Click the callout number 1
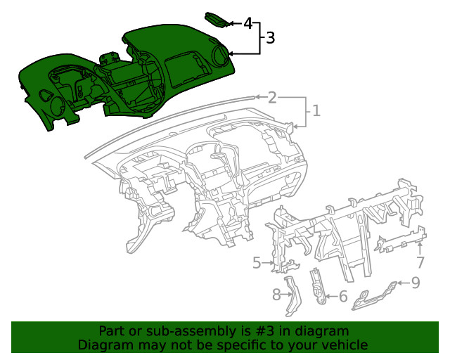pyautogui.click(x=316, y=111)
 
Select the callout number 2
pyautogui.click(x=272, y=98)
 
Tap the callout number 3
pyautogui.click(x=270, y=39)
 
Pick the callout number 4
pyautogui.click(x=247, y=23)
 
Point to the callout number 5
pyautogui.click(x=257, y=263)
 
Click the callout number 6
pyautogui.click(x=342, y=297)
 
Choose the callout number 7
pyautogui.click(x=420, y=263)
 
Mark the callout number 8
pyautogui.click(x=277, y=294)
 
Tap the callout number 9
pyautogui.click(x=415, y=283)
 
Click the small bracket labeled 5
pyautogui.click(x=287, y=264)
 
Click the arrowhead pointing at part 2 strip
pyautogui.click(x=257, y=97)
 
